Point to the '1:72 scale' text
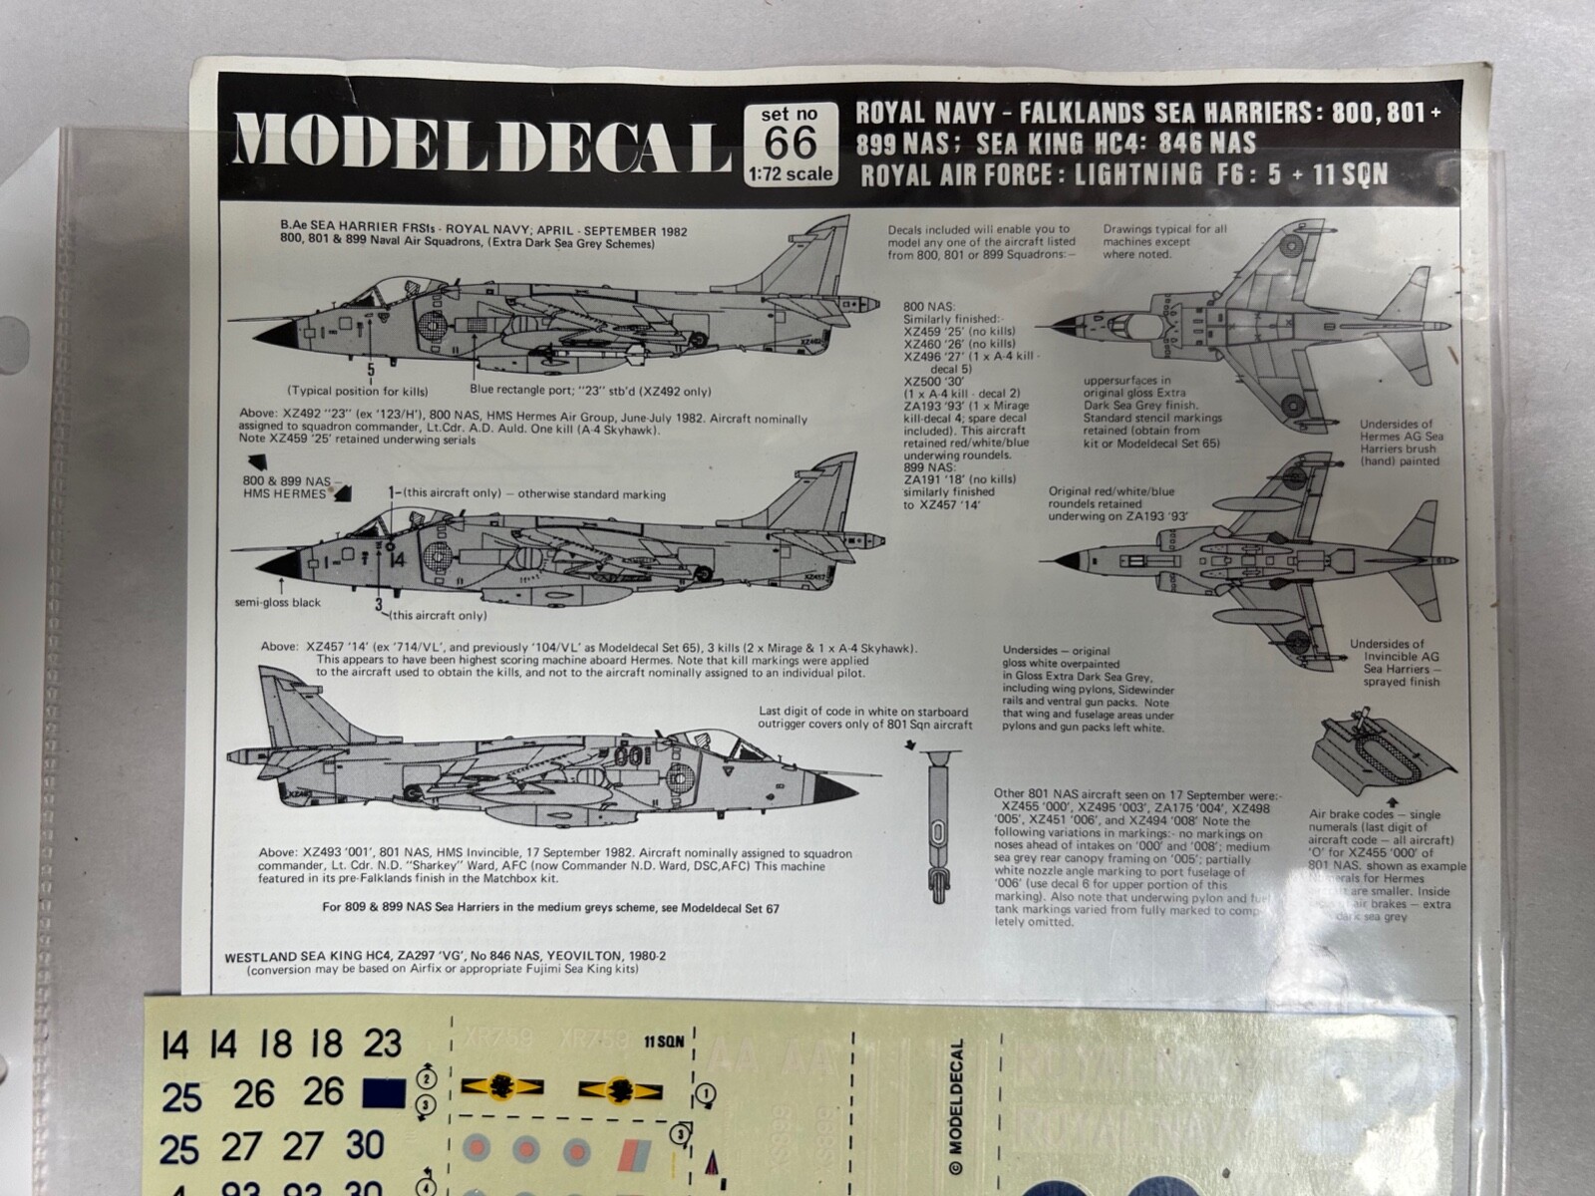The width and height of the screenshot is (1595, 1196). pyautogui.click(x=791, y=173)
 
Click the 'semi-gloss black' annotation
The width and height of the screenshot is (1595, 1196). pyautogui.click(x=278, y=603)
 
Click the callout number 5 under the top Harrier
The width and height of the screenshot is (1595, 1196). pyautogui.click(x=371, y=370)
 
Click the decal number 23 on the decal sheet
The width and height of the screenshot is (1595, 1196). pyautogui.click(x=383, y=1044)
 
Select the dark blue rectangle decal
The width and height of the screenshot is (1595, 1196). pyautogui.click(x=385, y=1093)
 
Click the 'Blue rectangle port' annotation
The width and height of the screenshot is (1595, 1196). pyautogui.click(x=531, y=392)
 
